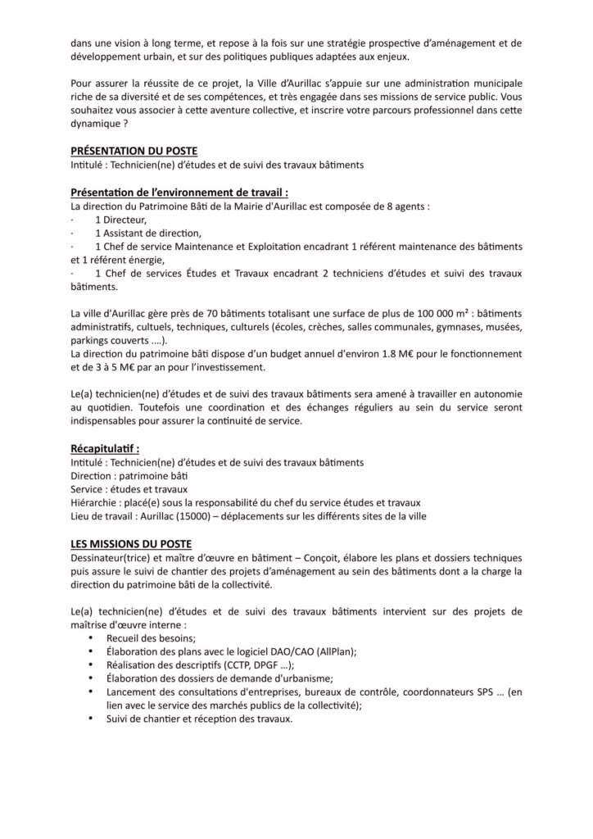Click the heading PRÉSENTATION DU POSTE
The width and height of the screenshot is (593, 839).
point(134,152)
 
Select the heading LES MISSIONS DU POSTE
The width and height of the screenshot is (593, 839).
point(132,544)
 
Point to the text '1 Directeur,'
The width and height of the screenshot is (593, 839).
point(121,220)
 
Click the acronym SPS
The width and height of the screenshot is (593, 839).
point(481,692)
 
